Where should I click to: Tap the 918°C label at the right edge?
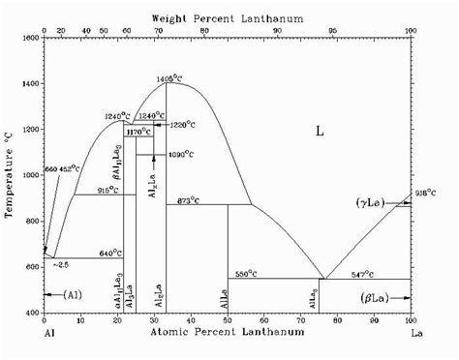(x=423, y=194)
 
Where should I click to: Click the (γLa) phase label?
(x=370, y=202)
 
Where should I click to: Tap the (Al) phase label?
(x=72, y=294)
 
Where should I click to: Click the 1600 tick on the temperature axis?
(x=31, y=38)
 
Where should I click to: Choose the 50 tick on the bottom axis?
(x=228, y=320)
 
